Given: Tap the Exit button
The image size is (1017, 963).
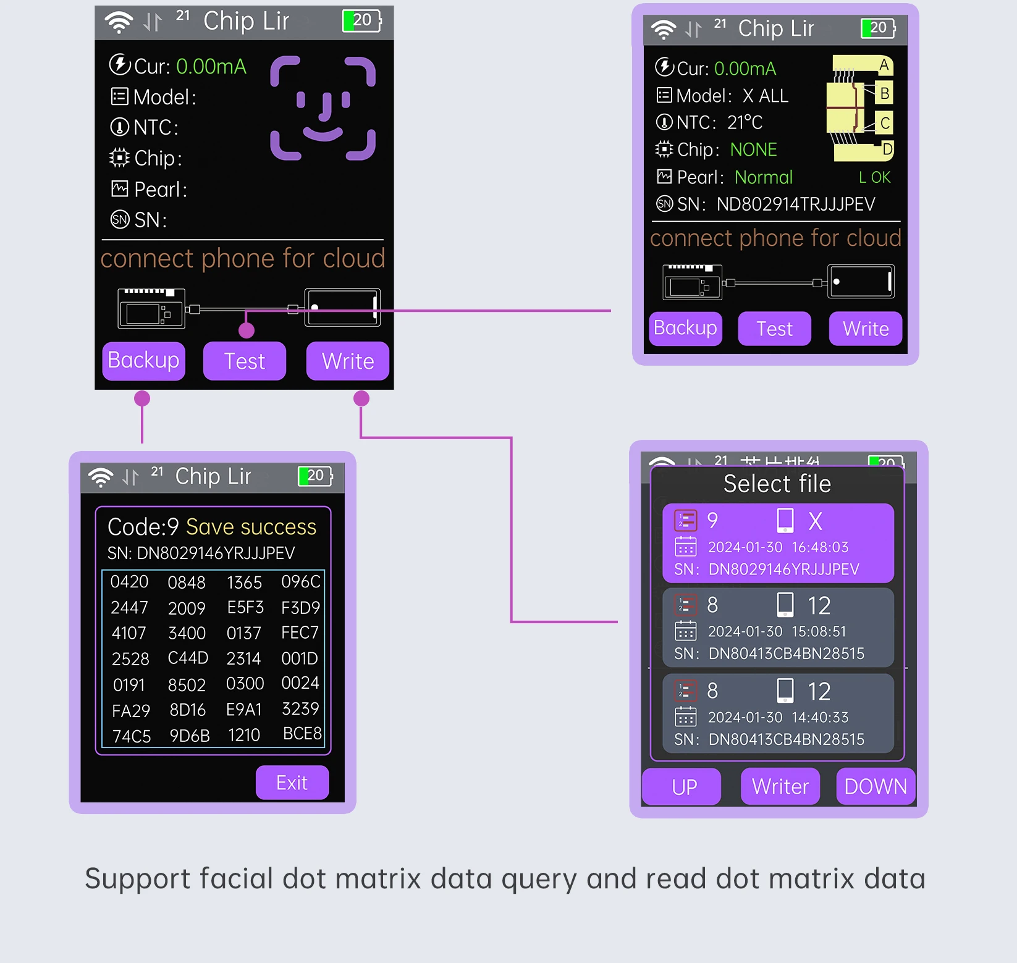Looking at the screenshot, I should pos(292,783).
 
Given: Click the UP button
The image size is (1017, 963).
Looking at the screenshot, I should pos(683,786).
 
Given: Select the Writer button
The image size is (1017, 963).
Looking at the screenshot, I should pos(780,786).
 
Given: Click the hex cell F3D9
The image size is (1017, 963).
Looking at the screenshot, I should pos(300,608).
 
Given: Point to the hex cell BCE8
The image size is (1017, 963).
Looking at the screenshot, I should pos(302,734).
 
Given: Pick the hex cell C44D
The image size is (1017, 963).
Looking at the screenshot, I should pos(188,658).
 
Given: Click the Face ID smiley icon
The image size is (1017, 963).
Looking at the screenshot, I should pos(323,109).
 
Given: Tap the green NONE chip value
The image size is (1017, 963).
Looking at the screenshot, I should pos(753,149).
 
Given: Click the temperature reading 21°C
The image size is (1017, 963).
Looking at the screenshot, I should pos(745,122).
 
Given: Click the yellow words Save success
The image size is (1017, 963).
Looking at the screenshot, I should pos(251,527).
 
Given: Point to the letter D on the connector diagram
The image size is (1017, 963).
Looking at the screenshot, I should pos(887,149).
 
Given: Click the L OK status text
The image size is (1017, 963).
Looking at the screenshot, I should pos(874,178).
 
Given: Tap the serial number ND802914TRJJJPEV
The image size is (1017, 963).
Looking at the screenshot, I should pos(796,204).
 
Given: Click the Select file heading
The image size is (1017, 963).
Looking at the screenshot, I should pos(777,484).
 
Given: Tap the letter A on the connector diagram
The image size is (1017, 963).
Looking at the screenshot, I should pos(884,65).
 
